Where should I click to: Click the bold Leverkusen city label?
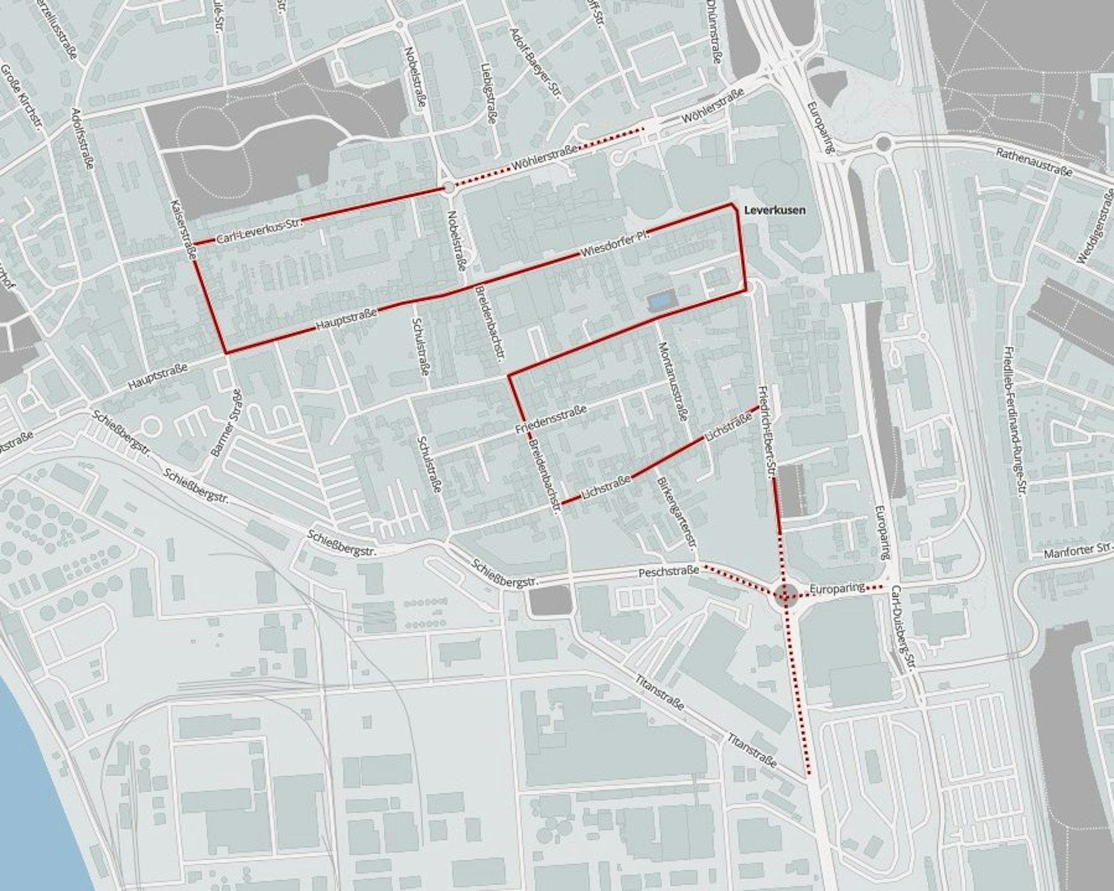(775, 210)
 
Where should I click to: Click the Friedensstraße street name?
(551, 420)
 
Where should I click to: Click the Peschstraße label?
(668, 571)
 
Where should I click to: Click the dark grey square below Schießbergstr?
(550, 602)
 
